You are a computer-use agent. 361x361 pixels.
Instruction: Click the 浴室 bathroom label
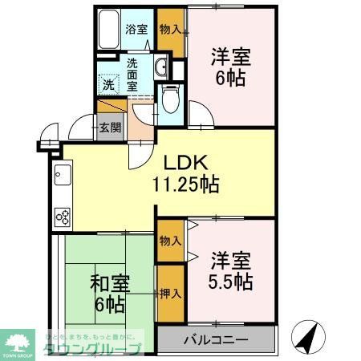click(136, 30)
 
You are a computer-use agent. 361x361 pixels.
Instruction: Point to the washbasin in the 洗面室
click(160, 67)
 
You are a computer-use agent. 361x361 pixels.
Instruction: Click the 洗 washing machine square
click(108, 83)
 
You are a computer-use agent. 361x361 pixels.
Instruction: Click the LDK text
click(186, 161)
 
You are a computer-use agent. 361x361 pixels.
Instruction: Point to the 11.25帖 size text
click(186, 183)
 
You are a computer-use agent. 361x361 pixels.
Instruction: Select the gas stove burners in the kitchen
click(63, 215)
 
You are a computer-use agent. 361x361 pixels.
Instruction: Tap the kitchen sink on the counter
click(63, 174)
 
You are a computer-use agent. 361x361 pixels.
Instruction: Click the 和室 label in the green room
click(107, 283)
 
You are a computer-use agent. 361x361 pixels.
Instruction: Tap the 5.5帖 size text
click(232, 282)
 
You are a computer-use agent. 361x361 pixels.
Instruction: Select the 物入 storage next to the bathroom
click(168, 30)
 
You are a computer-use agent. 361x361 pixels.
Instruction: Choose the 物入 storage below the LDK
click(169, 241)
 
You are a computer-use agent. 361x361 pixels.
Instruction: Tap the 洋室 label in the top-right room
click(230, 57)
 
